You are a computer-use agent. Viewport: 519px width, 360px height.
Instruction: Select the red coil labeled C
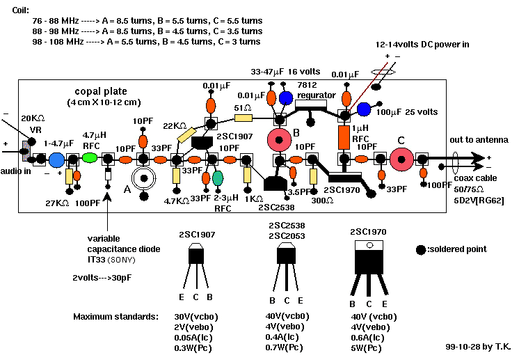[401, 159]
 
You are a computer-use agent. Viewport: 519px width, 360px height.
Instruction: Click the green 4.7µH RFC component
[90, 158]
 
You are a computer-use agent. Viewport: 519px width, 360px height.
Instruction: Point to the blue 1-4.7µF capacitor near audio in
[57, 160]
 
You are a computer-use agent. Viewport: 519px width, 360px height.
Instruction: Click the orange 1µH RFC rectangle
[344, 137]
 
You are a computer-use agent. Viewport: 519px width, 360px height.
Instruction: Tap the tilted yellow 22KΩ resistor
[186, 135]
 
